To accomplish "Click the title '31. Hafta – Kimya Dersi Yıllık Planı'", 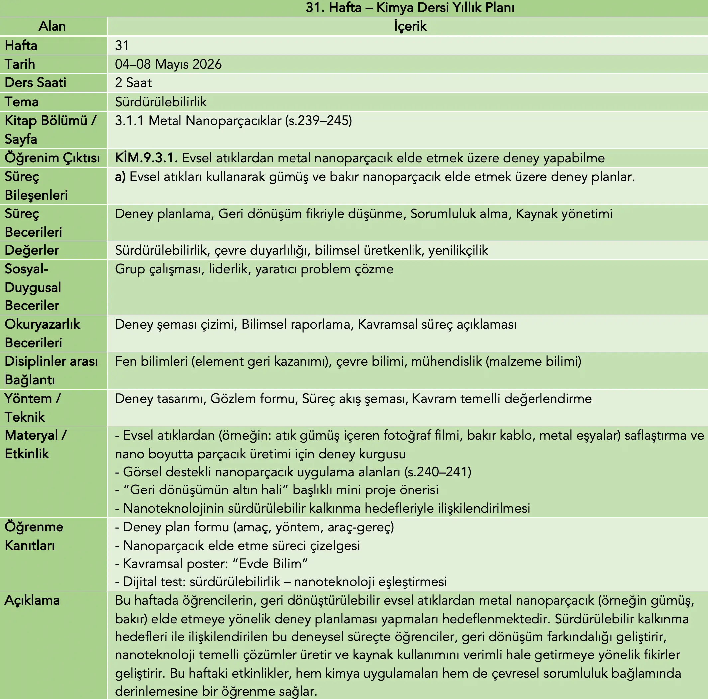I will [x=410, y=8].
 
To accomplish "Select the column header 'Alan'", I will [x=53, y=26].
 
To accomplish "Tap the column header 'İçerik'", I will [x=410, y=26].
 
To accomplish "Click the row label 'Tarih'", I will [x=20, y=64].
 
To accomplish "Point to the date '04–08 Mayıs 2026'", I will [x=168, y=64].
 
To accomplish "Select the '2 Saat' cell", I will [x=133, y=83].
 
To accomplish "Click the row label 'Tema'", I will [x=21, y=102].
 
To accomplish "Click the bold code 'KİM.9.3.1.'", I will [x=146, y=158].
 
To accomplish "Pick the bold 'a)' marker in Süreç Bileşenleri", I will [x=120, y=177].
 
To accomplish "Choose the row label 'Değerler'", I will [x=32, y=250].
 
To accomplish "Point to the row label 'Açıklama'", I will [x=32, y=600].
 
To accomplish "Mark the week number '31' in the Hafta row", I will [x=122, y=46].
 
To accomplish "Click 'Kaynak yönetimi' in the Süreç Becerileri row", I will [x=564, y=214].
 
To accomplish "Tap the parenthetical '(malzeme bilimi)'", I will [x=533, y=361].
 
